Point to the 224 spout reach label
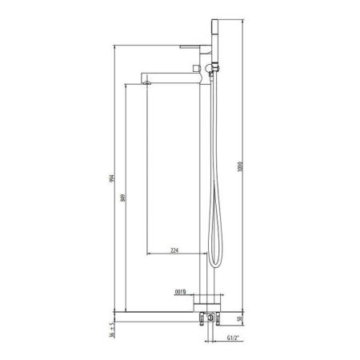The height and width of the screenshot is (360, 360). click(x=175, y=250)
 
